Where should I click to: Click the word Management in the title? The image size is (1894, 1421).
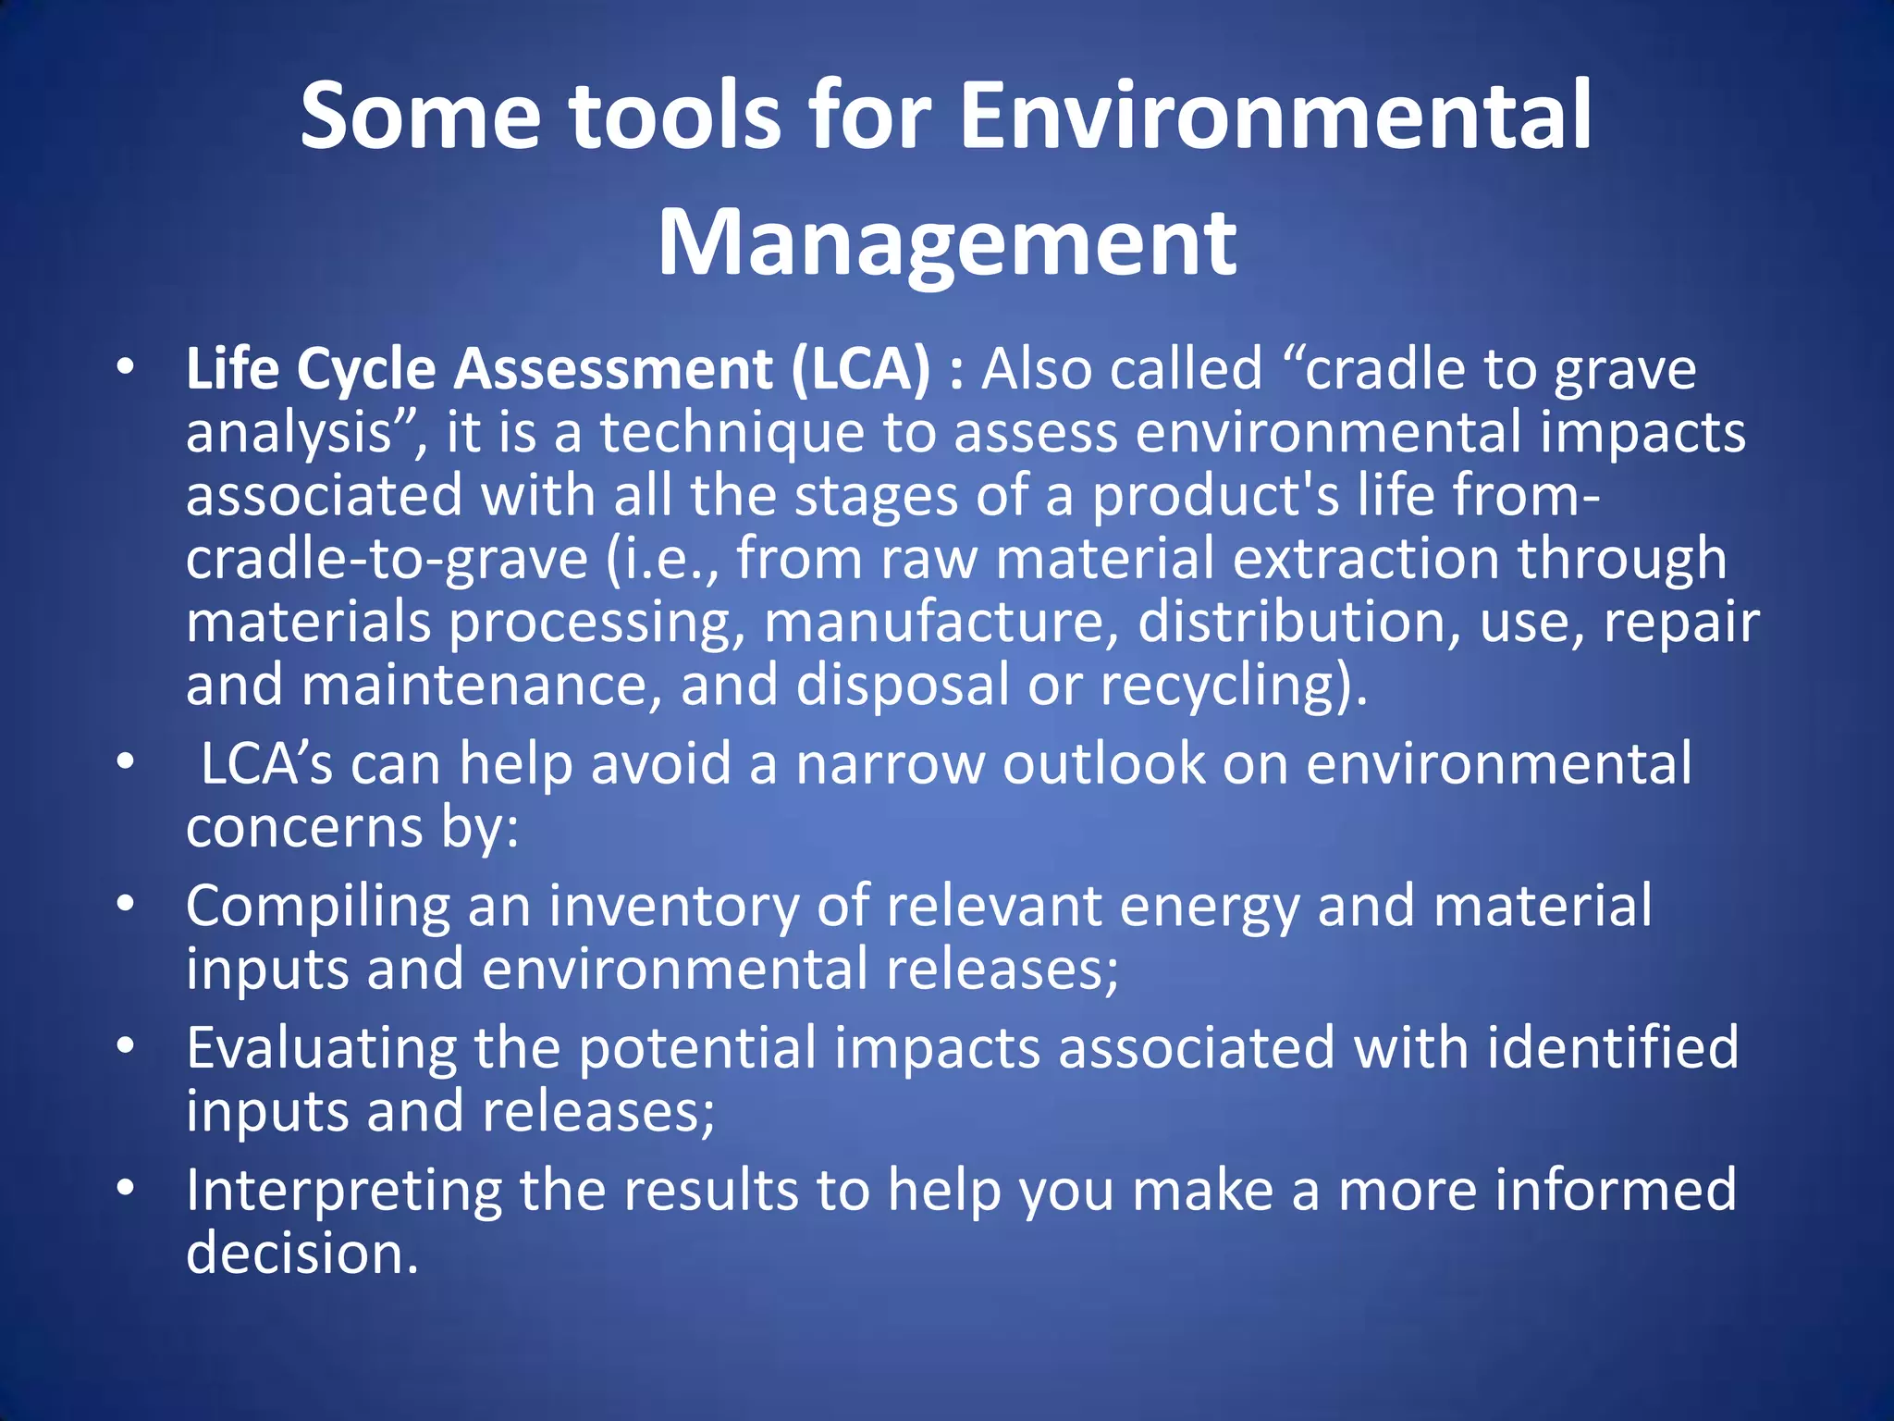click(x=946, y=242)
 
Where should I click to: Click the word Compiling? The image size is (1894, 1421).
click(x=317, y=907)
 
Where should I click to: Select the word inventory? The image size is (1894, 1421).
click(x=674, y=907)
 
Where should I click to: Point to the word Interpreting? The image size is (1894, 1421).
click(x=343, y=1190)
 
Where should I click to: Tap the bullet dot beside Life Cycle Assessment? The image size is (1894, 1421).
click(x=127, y=368)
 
